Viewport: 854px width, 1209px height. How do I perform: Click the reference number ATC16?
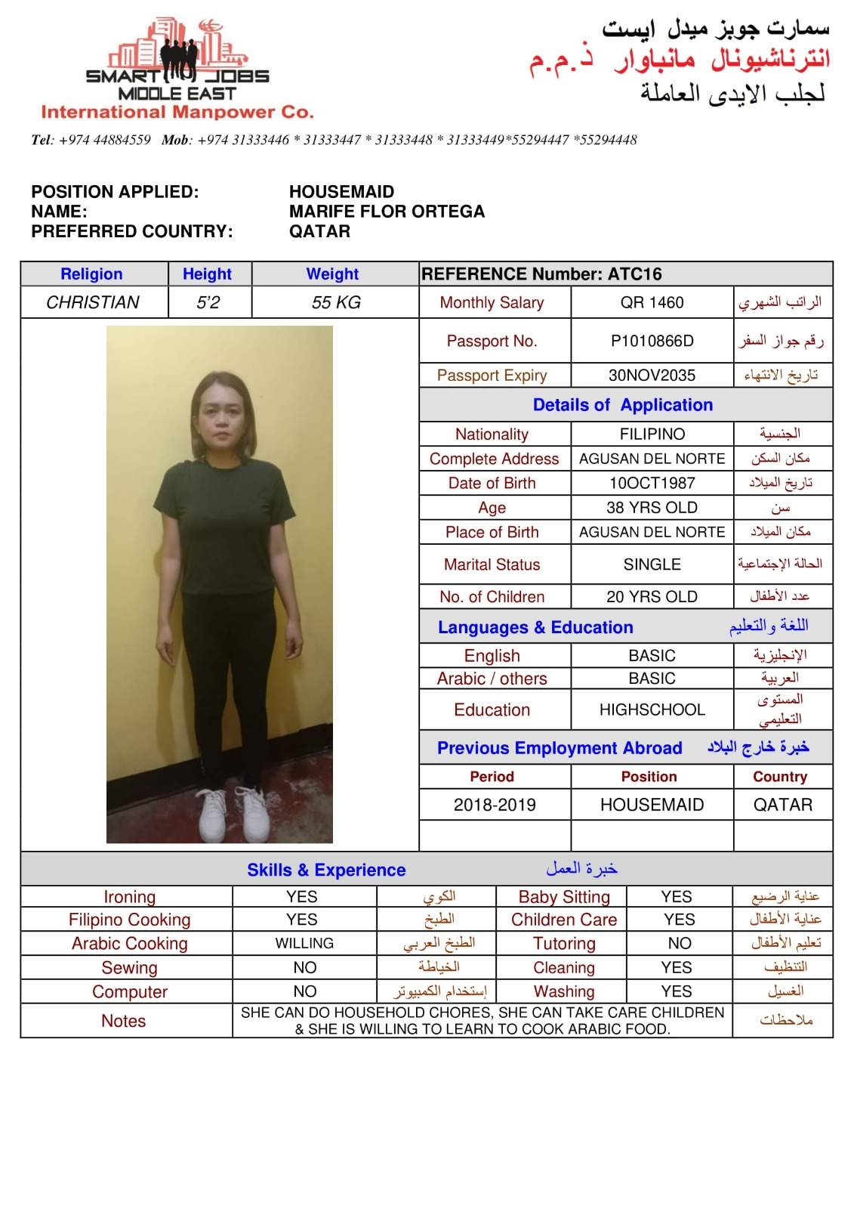click(634, 274)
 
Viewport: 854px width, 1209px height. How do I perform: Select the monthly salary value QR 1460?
click(652, 303)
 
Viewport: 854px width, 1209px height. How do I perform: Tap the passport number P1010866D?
click(652, 342)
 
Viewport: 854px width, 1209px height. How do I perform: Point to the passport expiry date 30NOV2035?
click(652, 376)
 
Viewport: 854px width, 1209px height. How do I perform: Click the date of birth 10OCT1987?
click(652, 484)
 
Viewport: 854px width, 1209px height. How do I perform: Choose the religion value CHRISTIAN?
click(93, 303)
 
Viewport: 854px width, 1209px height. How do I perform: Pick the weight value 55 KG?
click(336, 303)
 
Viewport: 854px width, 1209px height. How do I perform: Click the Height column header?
click(207, 274)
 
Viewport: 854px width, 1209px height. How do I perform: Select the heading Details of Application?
click(622, 405)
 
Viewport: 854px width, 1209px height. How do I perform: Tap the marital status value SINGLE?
click(652, 564)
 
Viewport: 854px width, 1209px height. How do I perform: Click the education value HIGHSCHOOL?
click(652, 710)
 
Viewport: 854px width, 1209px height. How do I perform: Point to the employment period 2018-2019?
click(495, 805)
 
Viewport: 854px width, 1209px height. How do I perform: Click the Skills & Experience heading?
click(326, 870)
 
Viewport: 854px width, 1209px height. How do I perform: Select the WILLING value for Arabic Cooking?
click(304, 944)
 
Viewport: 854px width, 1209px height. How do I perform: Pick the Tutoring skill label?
click(564, 944)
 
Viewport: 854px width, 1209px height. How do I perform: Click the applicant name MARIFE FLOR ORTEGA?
click(387, 212)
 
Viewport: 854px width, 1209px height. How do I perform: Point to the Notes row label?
click(124, 1021)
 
